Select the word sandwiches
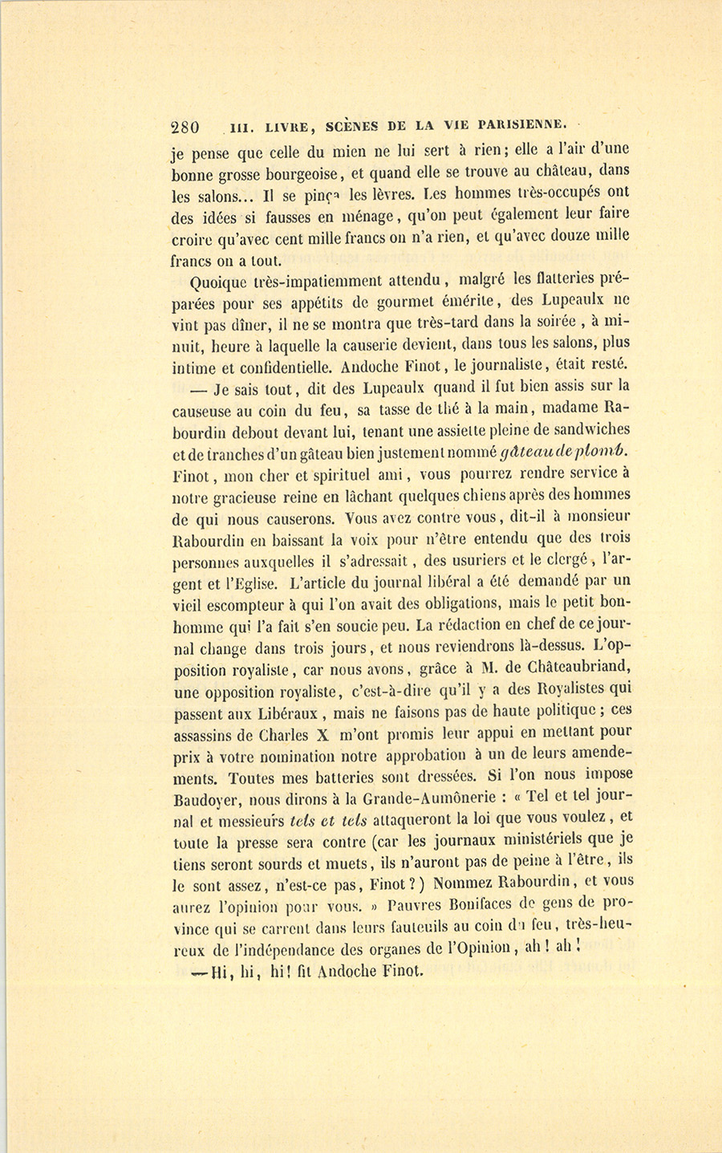pyautogui.click(x=588, y=429)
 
